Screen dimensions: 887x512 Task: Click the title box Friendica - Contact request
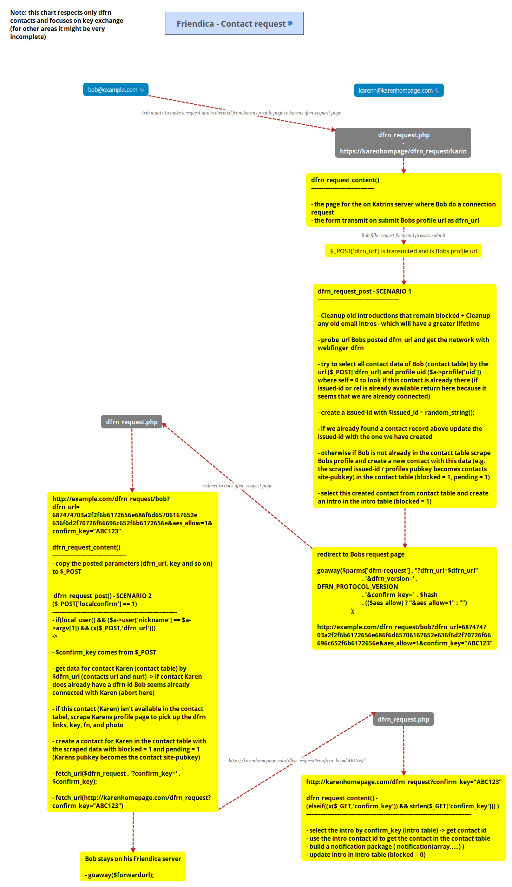click(234, 24)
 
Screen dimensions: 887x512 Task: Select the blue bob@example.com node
click(115, 90)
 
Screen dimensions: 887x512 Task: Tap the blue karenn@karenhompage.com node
click(399, 90)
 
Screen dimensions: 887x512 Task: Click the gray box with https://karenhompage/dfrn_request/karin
click(403, 143)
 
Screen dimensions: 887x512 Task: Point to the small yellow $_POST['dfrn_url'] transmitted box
click(403, 251)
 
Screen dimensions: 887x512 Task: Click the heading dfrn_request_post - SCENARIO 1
click(364, 291)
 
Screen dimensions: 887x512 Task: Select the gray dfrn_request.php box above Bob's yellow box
click(132, 422)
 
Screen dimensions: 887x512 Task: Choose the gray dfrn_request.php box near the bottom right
click(403, 719)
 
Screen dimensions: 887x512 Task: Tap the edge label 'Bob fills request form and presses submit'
click(403, 236)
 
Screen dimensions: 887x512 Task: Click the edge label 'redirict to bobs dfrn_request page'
click(237, 486)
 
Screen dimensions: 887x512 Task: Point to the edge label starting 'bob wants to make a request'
click(242, 113)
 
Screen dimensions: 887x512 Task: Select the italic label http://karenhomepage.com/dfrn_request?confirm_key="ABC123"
click(297, 761)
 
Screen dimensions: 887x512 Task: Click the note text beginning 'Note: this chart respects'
click(66, 25)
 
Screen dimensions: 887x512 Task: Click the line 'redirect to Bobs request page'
click(361, 554)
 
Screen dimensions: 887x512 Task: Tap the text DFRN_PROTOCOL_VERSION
click(357, 587)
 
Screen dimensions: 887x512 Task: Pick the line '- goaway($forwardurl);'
click(119, 875)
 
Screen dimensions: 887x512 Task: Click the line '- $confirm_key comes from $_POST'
click(104, 652)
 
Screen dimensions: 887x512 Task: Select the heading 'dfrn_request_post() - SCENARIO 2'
click(102, 596)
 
